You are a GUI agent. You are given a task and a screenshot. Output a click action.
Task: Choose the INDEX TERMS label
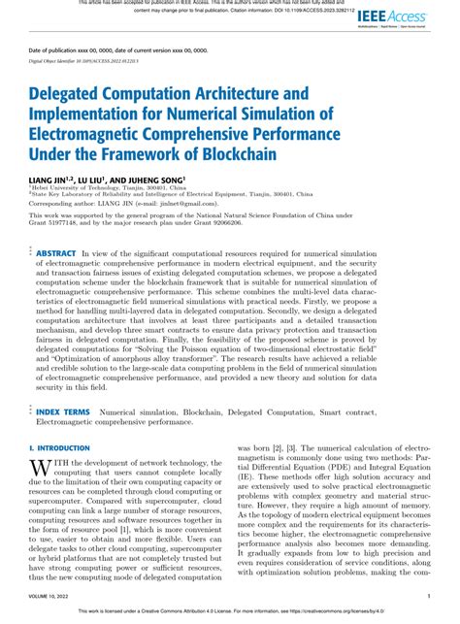click(x=63, y=411)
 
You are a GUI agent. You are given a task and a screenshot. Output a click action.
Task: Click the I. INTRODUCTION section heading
click(x=59, y=447)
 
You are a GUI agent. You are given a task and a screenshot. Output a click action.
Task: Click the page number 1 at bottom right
click(x=429, y=596)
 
